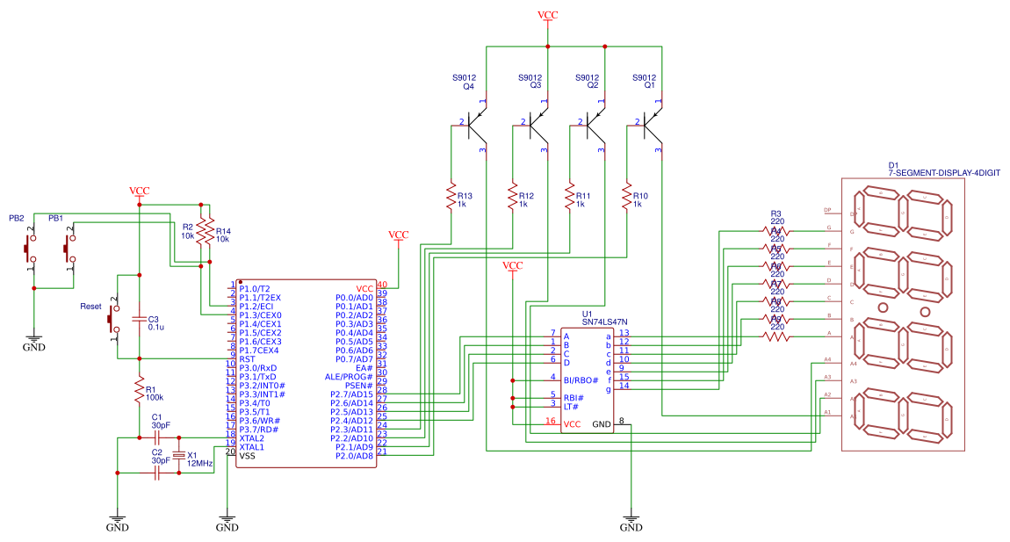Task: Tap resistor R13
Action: coord(451,199)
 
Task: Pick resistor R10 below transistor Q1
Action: coord(627,199)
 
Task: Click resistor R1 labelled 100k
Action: coord(138,391)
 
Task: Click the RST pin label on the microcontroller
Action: coord(247,359)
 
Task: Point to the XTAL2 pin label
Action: coord(253,437)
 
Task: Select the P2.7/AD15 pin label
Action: coord(351,394)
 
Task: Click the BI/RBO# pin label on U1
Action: coord(581,380)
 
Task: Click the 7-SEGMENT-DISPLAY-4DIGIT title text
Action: coord(944,174)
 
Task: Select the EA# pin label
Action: coord(364,367)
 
